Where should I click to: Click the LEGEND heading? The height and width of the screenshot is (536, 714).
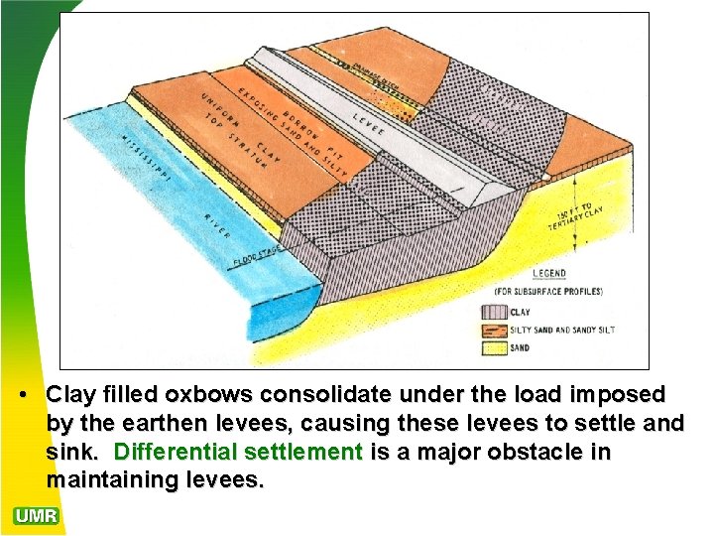(x=546, y=274)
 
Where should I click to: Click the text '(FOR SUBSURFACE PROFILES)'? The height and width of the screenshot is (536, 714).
(x=546, y=292)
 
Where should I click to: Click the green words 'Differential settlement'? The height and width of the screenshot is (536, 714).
(x=239, y=453)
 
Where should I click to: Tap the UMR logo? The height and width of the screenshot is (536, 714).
(x=37, y=516)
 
